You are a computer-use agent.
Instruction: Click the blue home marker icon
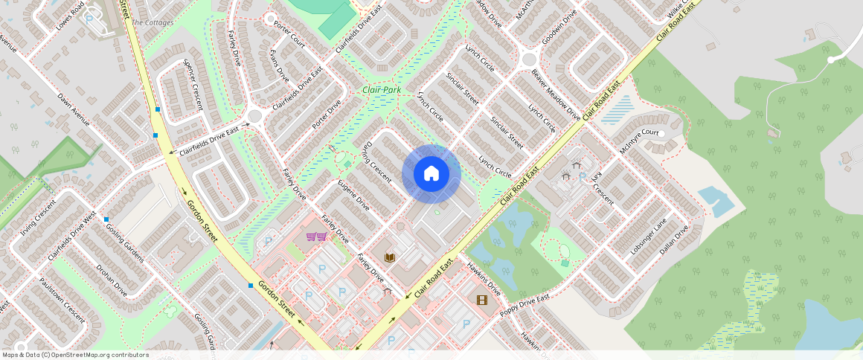pos(431,174)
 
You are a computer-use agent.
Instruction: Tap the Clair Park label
pos(382,90)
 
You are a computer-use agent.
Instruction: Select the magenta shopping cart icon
pos(316,237)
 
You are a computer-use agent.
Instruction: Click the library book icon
pos(389,257)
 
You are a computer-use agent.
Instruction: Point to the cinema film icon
pos(482,300)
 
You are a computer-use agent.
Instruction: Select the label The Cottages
pos(153,23)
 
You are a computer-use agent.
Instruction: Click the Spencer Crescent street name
pos(193,85)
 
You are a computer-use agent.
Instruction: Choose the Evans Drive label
pos(279,67)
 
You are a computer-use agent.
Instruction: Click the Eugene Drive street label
pos(353,195)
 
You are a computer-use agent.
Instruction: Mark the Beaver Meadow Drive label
pos(556,95)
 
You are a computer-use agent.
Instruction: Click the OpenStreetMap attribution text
pos(76,355)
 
